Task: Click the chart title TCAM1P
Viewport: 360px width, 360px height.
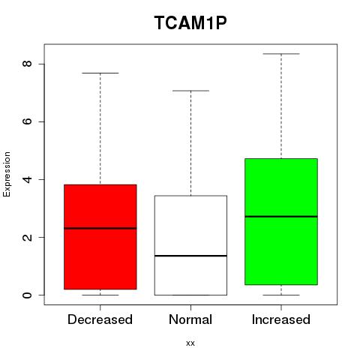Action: pos(190,22)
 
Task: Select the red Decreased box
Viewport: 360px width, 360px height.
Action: pos(100,237)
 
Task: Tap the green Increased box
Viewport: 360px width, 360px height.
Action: pos(281,221)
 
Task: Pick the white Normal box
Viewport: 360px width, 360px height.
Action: pos(190,245)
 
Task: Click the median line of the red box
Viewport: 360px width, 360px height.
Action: pos(100,228)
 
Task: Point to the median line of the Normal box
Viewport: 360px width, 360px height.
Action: pos(190,256)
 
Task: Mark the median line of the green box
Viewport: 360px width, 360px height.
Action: pos(281,217)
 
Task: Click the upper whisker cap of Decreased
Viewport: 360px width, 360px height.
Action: pos(100,73)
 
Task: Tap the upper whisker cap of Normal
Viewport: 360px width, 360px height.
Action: pos(190,91)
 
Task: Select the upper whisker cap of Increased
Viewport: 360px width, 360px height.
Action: pos(281,54)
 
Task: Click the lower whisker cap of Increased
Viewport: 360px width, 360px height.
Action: pos(281,295)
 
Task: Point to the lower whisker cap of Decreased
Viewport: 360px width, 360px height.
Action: pos(100,295)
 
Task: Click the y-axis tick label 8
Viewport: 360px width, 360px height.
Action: pos(27,64)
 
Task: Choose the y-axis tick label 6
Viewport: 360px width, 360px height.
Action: pos(27,121)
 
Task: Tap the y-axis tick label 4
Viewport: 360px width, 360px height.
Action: pos(27,179)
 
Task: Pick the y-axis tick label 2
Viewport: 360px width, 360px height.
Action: pos(27,237)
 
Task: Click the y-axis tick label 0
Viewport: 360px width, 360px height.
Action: pos(27,295)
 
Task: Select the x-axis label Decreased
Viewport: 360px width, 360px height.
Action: pos(100,319)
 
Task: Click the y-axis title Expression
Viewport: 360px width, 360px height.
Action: pos(7,174)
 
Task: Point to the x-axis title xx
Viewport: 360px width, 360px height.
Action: pos(190,343)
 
